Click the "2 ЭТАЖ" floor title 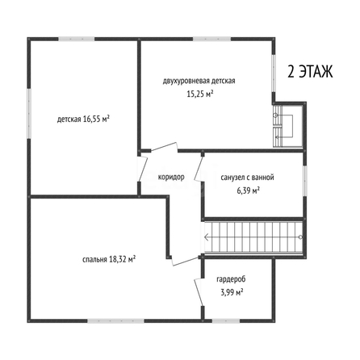[310, 72]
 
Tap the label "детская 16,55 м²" [83, 119]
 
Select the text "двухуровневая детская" [199, 81]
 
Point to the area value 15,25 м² [200, 94]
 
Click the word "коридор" [171, 177]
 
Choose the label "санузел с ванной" [247, 178]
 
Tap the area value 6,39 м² [248, 190]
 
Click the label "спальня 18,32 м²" [109, 259]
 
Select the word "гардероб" [231, 279]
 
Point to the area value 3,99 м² [232, 292]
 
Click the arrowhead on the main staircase [207, 237]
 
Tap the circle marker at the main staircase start [300, 237]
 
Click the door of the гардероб [199, 292]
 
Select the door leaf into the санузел [199, 169]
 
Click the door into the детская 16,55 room [143, 169]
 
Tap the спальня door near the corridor [185, 262]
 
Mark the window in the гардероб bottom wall [225, 320]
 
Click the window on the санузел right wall [304, 180]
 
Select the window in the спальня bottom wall [115, 320]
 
